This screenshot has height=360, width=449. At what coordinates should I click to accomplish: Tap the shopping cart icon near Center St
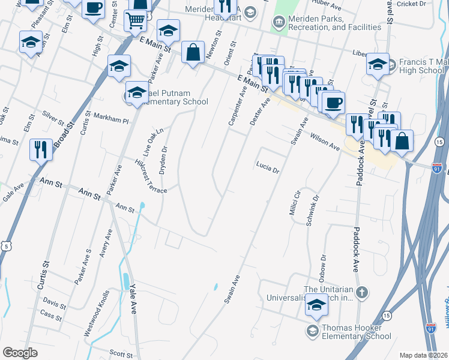[135, 21]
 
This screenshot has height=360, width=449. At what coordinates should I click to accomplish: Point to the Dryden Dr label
[163, 159]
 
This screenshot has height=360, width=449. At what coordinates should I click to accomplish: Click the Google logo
[20, 352]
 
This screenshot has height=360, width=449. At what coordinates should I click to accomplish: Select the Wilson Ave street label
[325, 143]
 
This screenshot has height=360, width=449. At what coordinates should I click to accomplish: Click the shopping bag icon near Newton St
[192, 52]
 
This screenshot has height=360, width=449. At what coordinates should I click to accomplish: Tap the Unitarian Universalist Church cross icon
[361, 293]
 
